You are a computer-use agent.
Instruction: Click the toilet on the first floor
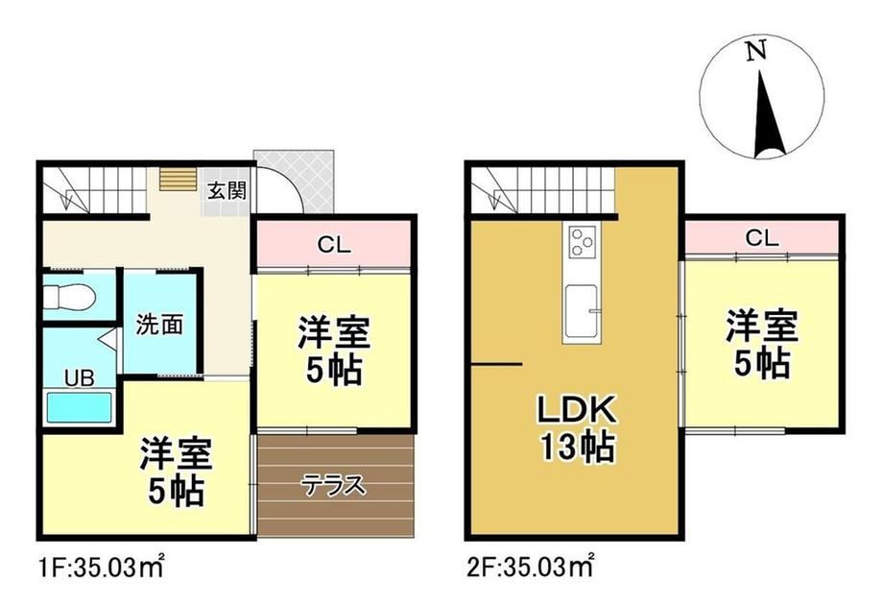[70, 296]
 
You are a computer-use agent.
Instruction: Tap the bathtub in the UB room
[79, 407]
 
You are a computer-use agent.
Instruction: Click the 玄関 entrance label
[227, 190]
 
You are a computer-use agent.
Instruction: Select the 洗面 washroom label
[159, 325]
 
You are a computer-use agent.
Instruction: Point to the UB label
[79, 378]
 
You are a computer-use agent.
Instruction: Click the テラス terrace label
[333, 484]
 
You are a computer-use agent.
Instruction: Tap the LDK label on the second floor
[578, 410]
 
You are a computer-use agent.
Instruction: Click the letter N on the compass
[755, 51]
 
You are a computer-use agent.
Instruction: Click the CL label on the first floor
[333, 245]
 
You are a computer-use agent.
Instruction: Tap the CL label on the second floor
[761, 238]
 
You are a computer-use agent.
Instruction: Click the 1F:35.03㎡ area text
[102, 567]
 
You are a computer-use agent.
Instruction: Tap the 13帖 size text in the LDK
[578, 448]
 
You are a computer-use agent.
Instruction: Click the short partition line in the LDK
[497, 365]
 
